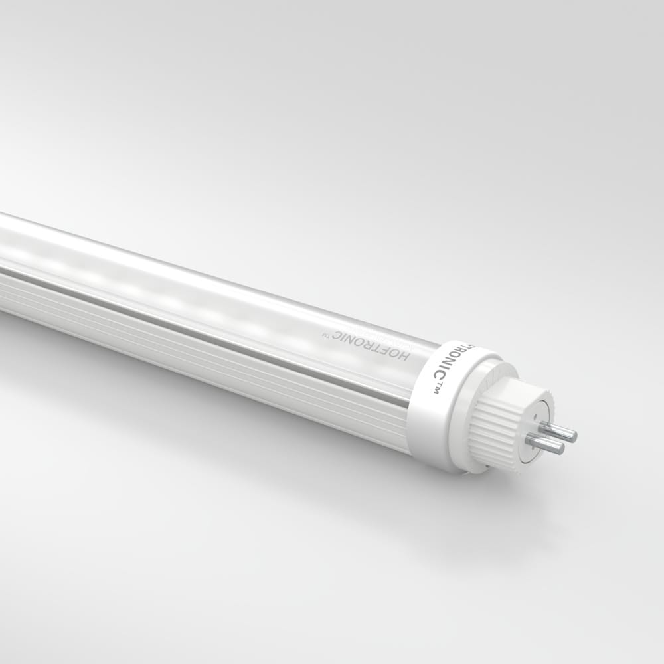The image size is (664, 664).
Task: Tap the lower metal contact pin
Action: tap(544, 443)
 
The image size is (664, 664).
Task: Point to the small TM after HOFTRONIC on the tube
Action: tap(325, 335)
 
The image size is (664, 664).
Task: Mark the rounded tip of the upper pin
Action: tap(574, 436)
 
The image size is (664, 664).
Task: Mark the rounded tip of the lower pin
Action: tap(561, 448)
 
